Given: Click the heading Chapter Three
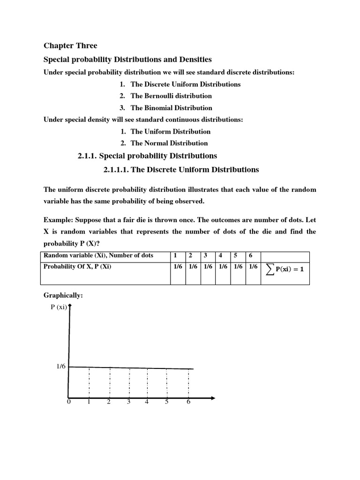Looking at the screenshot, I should pos(70,45).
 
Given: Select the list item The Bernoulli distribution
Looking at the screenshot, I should pos(171,96).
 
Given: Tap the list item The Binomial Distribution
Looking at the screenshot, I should pos(171,108).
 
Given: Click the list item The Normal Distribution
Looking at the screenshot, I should pos(169,143).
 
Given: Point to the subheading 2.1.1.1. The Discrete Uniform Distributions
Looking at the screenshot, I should pos(181,169).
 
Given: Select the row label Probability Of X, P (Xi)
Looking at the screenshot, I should pos(77,266).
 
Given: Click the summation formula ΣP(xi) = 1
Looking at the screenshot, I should pos(285,269).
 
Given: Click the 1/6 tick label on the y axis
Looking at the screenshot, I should pos(61,367).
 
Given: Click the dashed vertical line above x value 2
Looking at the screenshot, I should pos(109,382).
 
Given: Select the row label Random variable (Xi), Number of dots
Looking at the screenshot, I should pos(98,256).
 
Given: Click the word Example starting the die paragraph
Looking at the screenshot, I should pos(58,220).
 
